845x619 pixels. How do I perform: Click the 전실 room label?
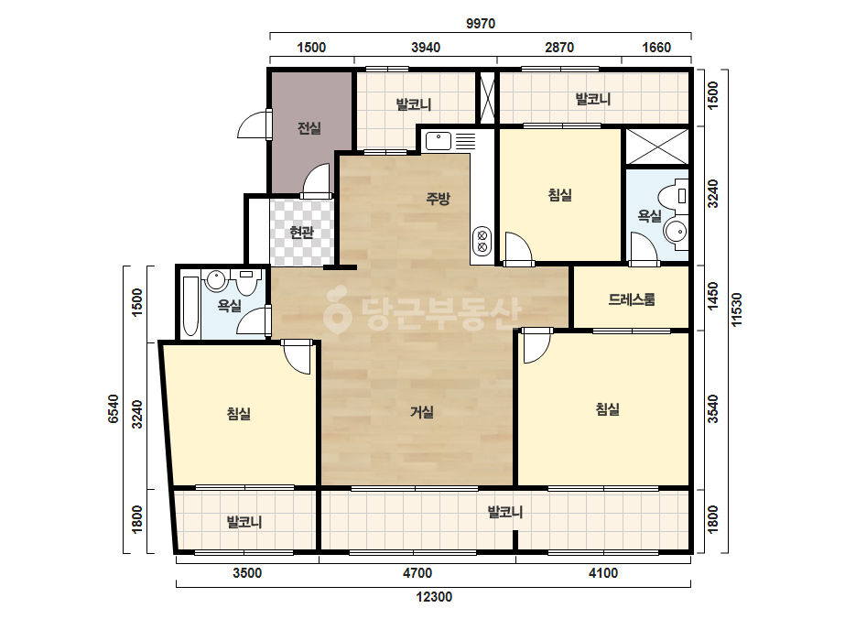pyautogui.click(x=309, y=128)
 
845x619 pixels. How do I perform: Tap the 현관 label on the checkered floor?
pyautogui.click(x=301, y=233)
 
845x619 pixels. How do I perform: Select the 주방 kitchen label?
pyautogui.click(x=438, y=199)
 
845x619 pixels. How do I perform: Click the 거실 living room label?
pyautogui.click(x=422, y=412)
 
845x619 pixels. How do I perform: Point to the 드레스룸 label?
pyautogui.click(x=632, y=299)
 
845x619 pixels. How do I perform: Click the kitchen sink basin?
pyautogui.click(x=439, y=141)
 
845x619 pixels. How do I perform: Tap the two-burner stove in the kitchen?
pyautogui.click(x=482, y=242)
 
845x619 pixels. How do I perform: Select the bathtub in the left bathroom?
pyautogui.click(x=190, y=305)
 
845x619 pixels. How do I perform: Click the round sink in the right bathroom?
pyautogui.click(x=676, y=232)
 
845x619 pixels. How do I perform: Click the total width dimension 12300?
pyautogui.click(x=434, y=597)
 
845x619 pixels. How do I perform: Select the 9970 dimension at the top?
pyautogui.click(x=480, y=24)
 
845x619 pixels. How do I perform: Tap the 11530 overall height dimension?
pyautogui.click(x=736, y=309)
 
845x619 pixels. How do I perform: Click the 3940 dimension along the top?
pyautogui.click(x=426, y=48)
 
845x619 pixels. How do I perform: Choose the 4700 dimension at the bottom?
pyautogui.click(x=417, y=572)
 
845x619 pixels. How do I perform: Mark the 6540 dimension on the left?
pyautogui.click(x=114, y=408)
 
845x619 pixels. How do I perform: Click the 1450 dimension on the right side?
pyautogui.click(x=712, y=296)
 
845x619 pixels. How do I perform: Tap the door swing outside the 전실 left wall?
pyautogui.click(x=253, y=125)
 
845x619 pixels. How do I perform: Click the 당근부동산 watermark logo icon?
pyautogui.click(x=337, y=309)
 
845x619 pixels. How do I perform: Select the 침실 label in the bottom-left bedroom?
pyautogui.click(x=239, y=414)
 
